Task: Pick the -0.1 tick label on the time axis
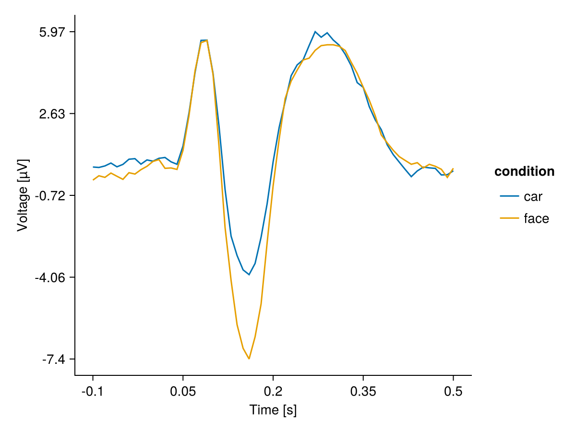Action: (x=93, y=391)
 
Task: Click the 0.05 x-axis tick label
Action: (x=183, y=391)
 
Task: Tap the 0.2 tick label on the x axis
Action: (x=273, y=391)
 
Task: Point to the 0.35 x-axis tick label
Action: (x=363, y=391)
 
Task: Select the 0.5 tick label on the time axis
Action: (x=453, y=391)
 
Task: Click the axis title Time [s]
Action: (x=273, y=410)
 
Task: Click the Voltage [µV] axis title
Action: (x=23, y=195)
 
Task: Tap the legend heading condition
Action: (x=524, y=172)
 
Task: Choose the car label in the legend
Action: (x=533, y=196)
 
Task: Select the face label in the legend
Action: (x=536, y=219)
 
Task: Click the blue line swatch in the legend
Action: (x=509, y=196)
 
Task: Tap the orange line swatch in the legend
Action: (x=509, y=219)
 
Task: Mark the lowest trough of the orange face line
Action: (x=249, y=359)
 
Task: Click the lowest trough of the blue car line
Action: (x=249, y=275)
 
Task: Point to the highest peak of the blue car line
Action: (x=315, y=32)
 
